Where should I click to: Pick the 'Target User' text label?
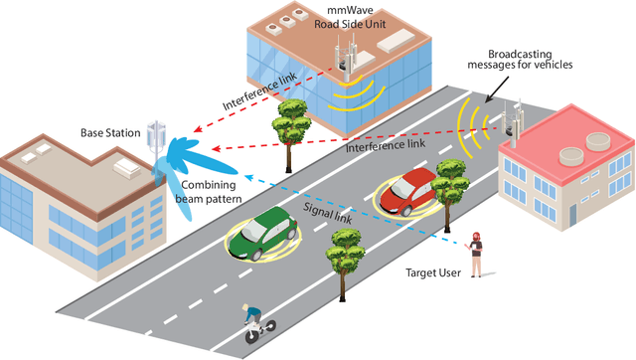[x=434, y=272]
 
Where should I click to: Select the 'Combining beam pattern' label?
[x=211, y=192]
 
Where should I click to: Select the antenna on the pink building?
[x=515, y=119]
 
